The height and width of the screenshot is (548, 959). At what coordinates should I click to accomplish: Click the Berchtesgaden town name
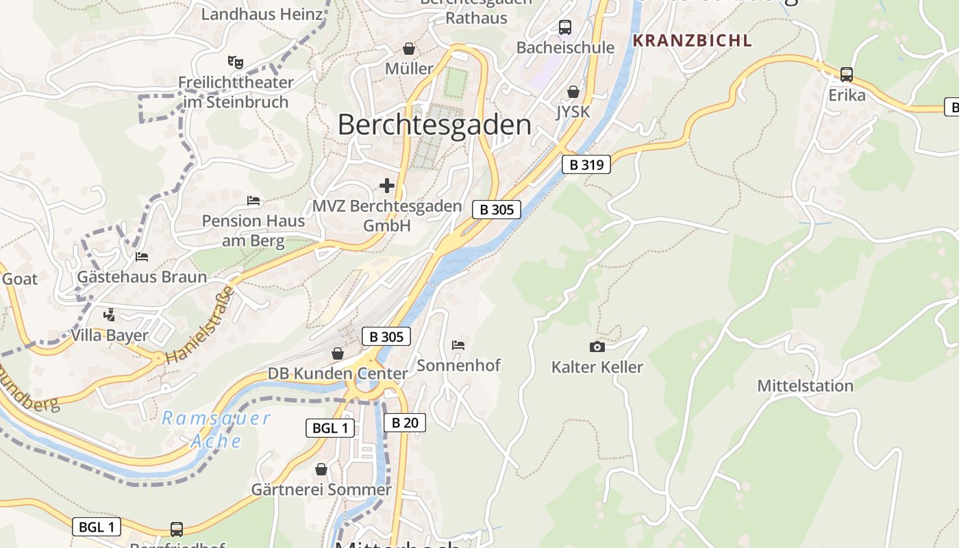(x=434, y=125)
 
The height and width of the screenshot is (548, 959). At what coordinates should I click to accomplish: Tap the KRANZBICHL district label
(x=692, y=40)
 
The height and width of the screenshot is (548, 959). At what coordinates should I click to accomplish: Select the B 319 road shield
(x=586, y=164)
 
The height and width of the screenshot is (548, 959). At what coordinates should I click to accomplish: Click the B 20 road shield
(x=404, y=423)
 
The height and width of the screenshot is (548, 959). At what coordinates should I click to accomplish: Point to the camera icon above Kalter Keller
(x=597, y=347)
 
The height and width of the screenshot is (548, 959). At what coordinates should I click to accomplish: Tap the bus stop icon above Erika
(x=847, y=75)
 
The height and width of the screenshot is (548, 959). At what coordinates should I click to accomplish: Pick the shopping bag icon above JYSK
(x=573, y=92)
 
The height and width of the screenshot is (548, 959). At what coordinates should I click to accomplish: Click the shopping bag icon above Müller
(x=409, y=49)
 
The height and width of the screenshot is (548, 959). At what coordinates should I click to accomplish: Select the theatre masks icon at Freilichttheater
(x=236, y=62)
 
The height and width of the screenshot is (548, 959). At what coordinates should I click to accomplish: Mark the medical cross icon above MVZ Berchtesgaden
(x=387, y=186)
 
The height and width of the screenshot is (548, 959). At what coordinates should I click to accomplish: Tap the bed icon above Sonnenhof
(x=458, y=345)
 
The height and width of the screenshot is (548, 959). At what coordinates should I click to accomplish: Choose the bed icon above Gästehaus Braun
(x=142, y=257)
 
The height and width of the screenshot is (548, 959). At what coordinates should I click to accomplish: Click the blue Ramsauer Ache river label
(x=216, y=429)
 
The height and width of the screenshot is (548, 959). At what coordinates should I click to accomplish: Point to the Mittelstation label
(x=805, y=386)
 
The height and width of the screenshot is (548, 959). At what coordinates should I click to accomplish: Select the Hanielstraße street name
(x=200, y=325)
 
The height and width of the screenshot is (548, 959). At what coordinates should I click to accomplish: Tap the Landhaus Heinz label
(x=262, y=14)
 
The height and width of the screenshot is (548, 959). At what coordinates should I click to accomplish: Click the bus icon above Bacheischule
(x=564, y=27)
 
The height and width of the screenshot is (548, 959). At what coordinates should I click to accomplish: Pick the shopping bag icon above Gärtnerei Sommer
(x=321, y=469)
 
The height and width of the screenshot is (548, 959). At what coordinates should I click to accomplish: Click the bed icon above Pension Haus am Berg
(x=253, y=201)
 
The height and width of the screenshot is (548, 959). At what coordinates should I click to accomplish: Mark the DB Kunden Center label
(x=337, y=374)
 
